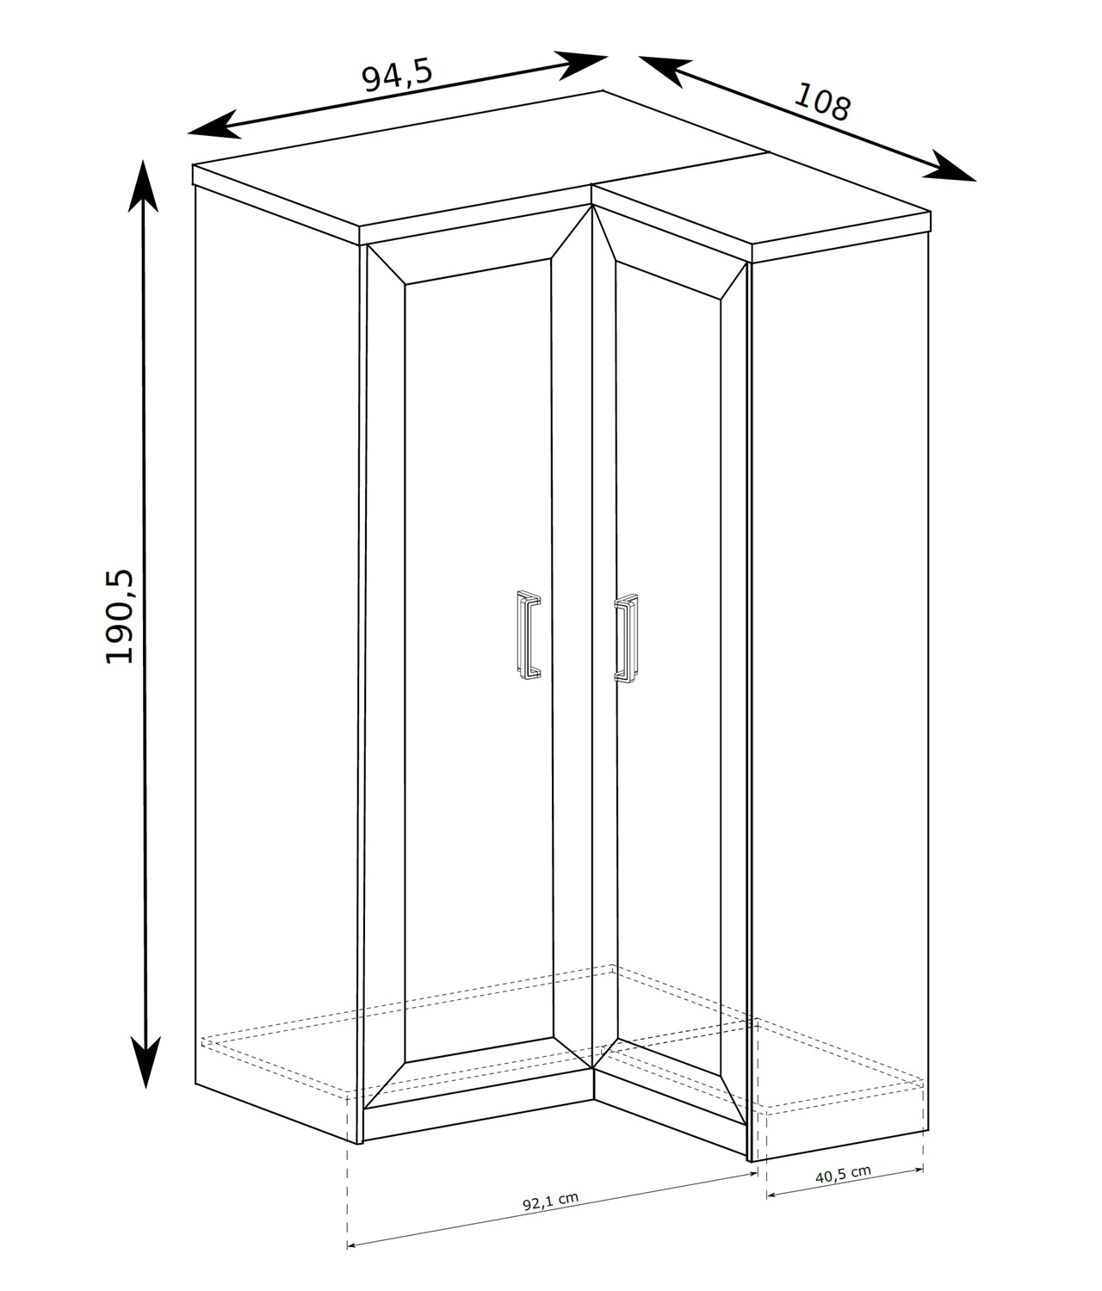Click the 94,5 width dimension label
click(397, 76)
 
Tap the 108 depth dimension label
click(822, 102)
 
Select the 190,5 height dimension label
click(120, 616)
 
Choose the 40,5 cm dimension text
click(844, 1174)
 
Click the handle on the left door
click(529, 635)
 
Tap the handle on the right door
click(625, 639)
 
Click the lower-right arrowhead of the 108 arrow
click(949, 167)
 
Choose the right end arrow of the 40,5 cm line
click(919, 1168)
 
